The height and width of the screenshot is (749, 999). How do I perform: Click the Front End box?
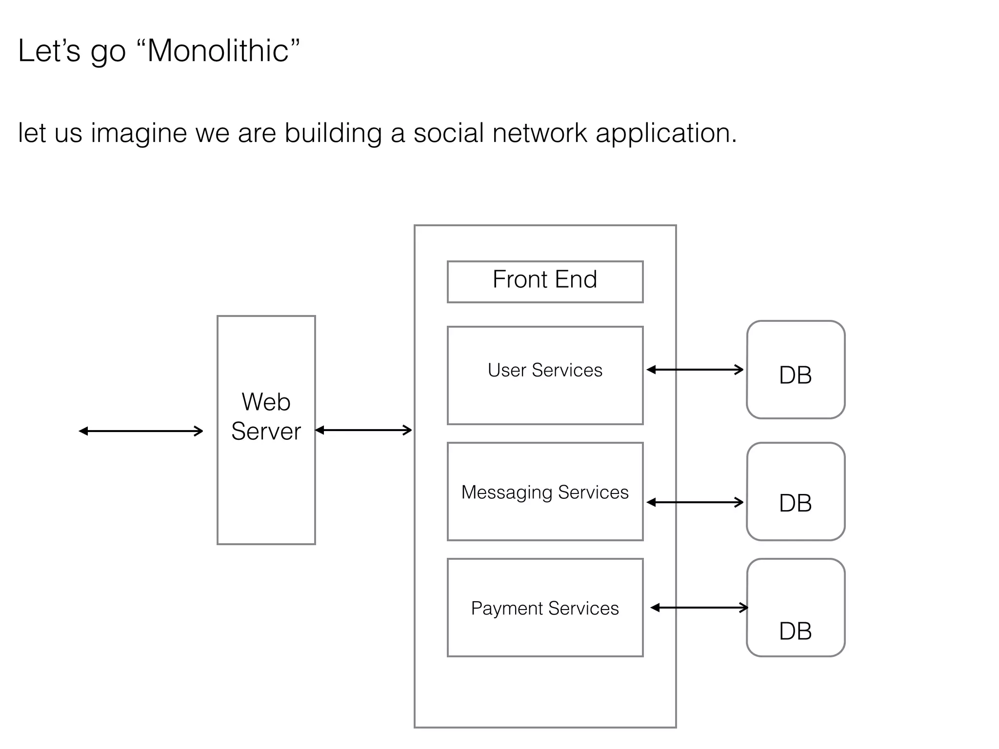(x=545, y=281)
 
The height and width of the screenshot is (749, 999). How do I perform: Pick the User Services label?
(x=545, y=370)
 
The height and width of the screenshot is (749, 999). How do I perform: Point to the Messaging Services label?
(x=545, y=493)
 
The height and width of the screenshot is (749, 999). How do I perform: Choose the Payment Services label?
(x=545, y=609)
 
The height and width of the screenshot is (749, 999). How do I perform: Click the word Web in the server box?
(x=266, y=402)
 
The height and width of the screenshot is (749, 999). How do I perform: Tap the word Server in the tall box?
(x=266, y=432)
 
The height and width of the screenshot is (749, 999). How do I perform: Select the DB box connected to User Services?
(x=795, y=370)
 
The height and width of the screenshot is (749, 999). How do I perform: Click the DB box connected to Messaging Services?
(x=795, y=492)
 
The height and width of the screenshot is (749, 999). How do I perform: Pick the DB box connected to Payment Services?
(x=795, y=608)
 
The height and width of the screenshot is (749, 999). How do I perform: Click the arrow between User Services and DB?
(x=695, y=370)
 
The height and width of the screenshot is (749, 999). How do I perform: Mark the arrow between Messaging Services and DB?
(x=695, y=502)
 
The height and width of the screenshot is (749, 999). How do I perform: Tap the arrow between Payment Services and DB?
(x=699, y=607)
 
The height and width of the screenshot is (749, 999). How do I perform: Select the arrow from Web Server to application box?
(x=363, y=430)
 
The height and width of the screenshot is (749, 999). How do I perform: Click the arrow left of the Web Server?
(x=141, y=431)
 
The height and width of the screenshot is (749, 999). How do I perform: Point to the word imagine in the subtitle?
(x=139, y=133)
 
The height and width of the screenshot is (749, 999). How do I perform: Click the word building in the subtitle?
(x=333, y=133)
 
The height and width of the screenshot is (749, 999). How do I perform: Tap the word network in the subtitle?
(x=539, y=133)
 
